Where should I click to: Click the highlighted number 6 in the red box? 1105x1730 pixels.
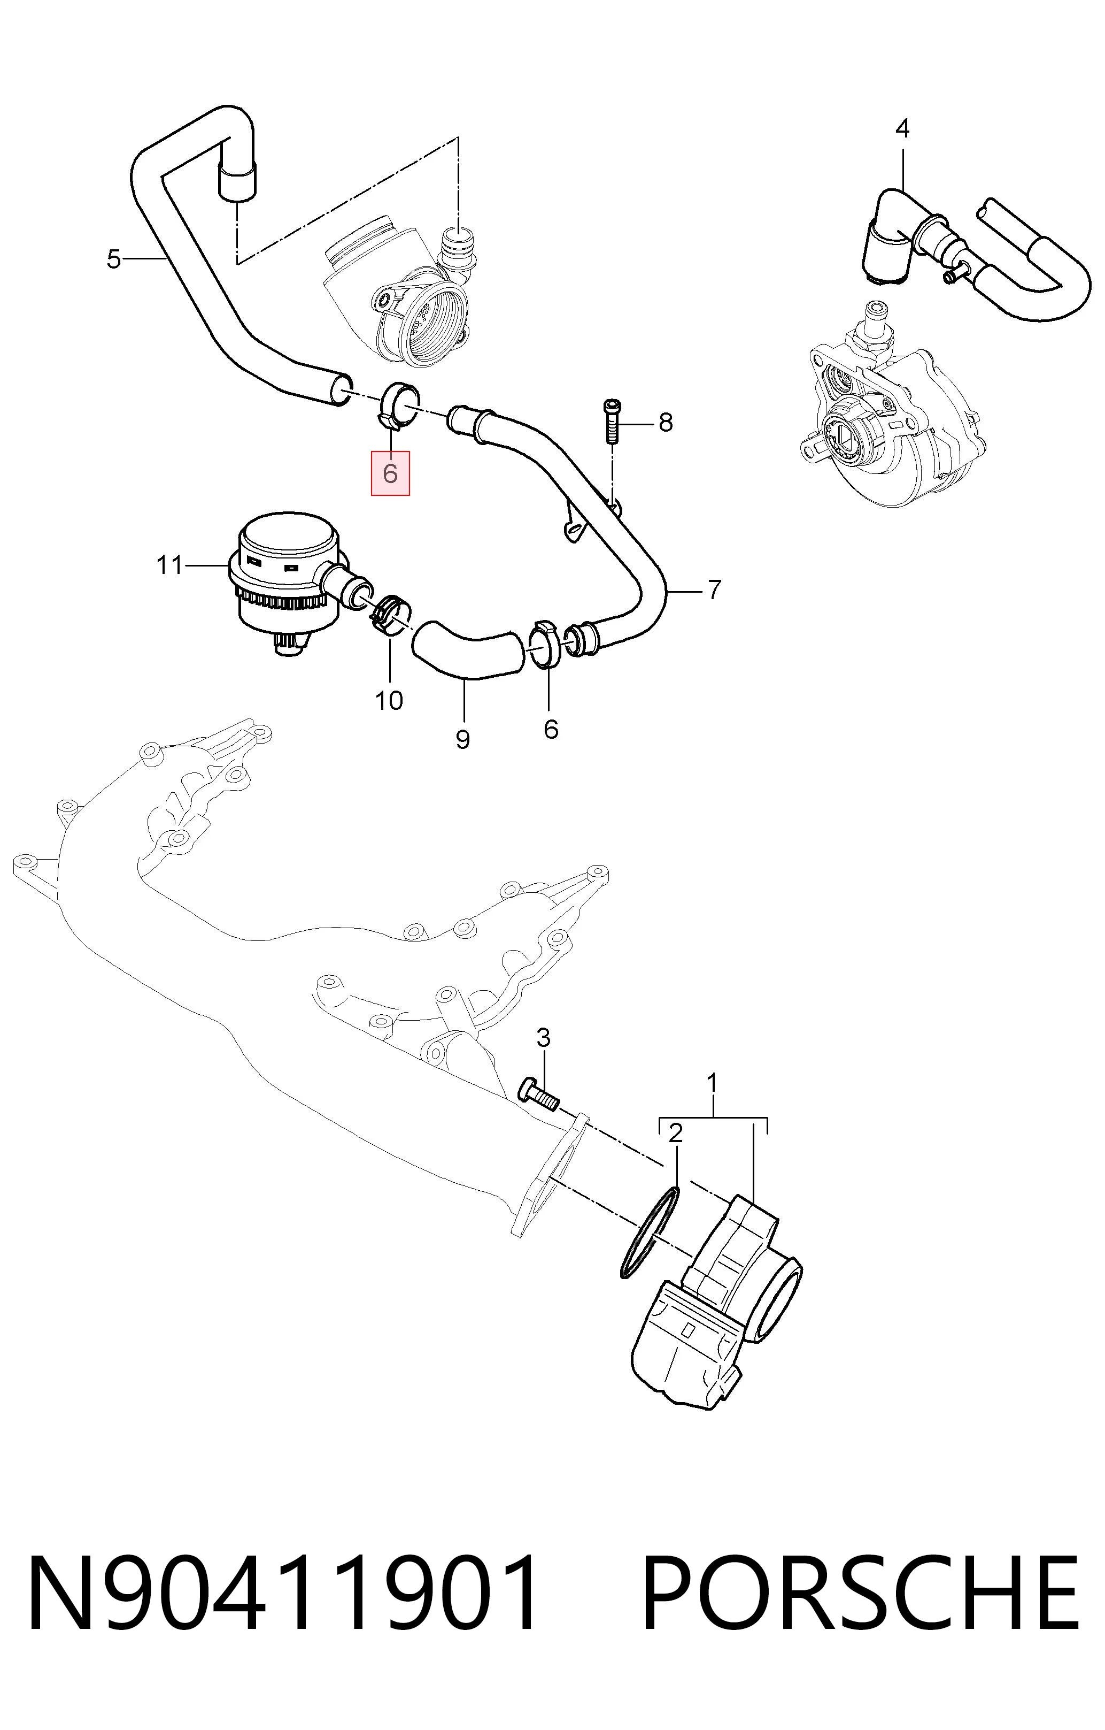[390, 473]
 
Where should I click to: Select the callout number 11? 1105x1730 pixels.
[170, 565]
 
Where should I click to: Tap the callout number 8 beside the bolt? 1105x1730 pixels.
[666, 423]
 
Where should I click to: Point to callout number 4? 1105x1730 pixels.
[902, 128]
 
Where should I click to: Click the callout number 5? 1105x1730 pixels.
[113, 258]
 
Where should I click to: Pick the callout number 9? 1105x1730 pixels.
[463, 739]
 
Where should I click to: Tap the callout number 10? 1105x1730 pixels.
[389, 700]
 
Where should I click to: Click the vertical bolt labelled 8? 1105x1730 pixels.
[611, 423]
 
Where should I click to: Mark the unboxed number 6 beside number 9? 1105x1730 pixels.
[551, 729]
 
